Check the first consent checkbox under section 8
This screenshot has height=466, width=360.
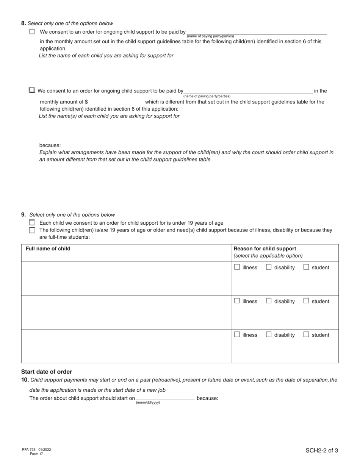point(32,32)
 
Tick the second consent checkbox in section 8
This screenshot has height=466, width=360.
point(32,90)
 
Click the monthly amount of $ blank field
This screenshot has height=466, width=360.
point(116,102)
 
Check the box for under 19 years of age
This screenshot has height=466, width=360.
point(32,223)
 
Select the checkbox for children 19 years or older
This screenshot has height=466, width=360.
point(32,230)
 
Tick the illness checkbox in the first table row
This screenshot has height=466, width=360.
point(237,267)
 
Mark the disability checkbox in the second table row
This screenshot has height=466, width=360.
point(269,301)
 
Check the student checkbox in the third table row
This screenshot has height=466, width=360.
point(306,335)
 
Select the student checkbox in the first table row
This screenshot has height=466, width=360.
point(306,267)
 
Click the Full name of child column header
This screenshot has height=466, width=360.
point(48,249)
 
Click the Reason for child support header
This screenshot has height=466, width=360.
point(265,249)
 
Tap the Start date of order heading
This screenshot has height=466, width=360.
point(46,372)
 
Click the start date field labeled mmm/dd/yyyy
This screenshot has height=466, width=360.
point(165,398)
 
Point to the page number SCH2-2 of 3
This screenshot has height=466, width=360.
point(322,450)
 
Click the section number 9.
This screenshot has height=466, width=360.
point(23,215)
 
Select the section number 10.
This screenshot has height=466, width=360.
point(25,380)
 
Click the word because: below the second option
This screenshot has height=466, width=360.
point(50,145)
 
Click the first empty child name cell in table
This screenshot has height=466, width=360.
point(126,278)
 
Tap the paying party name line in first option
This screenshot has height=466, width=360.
point(257,32)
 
